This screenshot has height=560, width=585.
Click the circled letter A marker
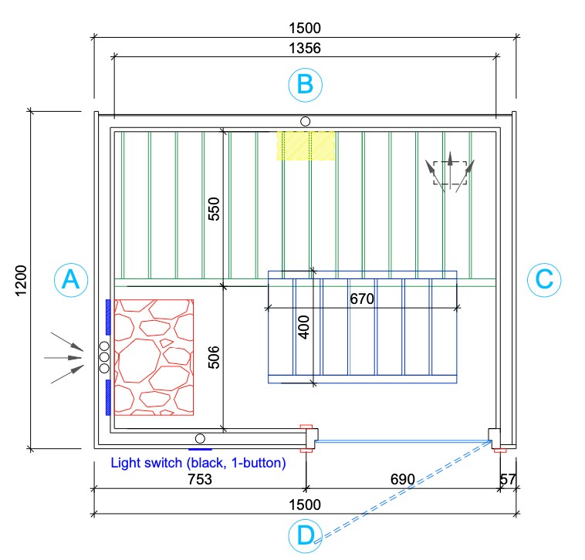pos(70,280)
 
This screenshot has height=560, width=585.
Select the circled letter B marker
pos(305,84)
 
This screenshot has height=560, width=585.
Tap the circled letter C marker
pos(543,279)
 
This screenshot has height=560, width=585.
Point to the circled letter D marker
pos(306,537)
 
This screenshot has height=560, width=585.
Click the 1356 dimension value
pos(305,48)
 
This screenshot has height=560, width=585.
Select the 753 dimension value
pos(199,480)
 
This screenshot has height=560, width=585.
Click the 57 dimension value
pos(508,480)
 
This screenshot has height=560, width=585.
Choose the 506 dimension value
pos(215,357)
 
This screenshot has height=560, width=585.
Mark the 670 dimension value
pos(362,299)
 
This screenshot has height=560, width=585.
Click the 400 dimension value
pos(304,328)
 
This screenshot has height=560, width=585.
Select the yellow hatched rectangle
pos(306,146)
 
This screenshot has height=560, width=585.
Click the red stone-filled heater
pos(154,357)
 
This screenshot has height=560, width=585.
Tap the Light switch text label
pos(198,463)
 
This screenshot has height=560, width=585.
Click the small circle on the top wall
pos(306,121)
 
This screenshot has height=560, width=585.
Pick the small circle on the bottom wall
pos(200,438)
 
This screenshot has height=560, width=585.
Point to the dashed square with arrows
pos(450,174)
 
